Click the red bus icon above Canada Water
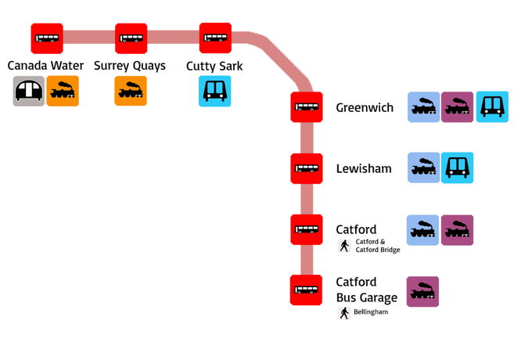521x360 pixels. pos(46,38)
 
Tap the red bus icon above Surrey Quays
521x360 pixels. pos(131,38)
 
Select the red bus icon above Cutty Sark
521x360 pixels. pos(215,37)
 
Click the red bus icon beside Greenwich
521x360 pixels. pos(305,107)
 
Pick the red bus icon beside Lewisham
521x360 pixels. pos(305,168)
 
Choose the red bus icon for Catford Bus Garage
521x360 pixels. pos(305,290)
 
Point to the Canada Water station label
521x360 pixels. pos(46,66)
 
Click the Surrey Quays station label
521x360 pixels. pos(130,66)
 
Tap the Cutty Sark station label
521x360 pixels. pos(215,66)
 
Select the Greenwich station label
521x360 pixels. pos(365,107)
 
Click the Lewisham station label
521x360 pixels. pos(363,168)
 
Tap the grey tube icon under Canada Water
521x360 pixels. pos(30,92)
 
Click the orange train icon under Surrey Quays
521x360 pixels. pos(131,92)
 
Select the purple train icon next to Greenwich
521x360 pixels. pos(457,107)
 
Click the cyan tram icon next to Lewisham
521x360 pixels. pos(457,168)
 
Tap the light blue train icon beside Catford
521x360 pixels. pos(422,229)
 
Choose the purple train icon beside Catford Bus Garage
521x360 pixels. pos(422,291)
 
